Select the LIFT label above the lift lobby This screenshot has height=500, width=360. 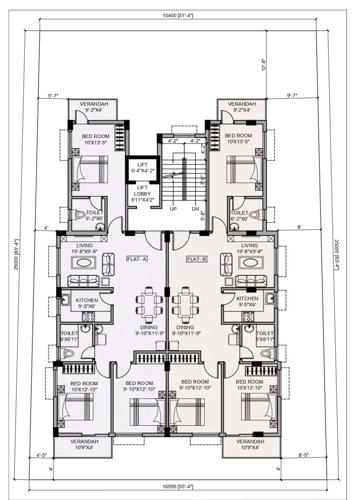click(142, 162)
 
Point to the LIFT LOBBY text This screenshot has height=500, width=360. click(142, 190)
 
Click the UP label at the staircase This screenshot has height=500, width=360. click(174, 210)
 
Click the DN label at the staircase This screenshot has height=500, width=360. click(197, 210)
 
